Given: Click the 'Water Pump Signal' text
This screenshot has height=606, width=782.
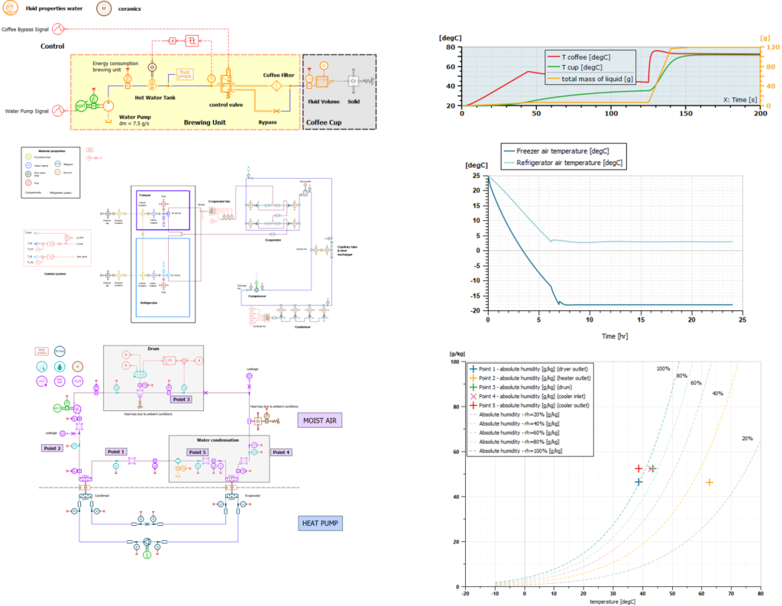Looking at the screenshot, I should (x=32, y=111).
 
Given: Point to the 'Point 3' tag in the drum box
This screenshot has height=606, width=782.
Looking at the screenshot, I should (x=180, y=399).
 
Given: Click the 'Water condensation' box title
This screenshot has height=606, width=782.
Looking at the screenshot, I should (x=218, y=440).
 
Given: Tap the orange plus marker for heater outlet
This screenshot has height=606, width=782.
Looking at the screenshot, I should (x=709, y=482).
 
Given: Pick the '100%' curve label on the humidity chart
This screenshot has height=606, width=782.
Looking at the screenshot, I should (x=663, y=369).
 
